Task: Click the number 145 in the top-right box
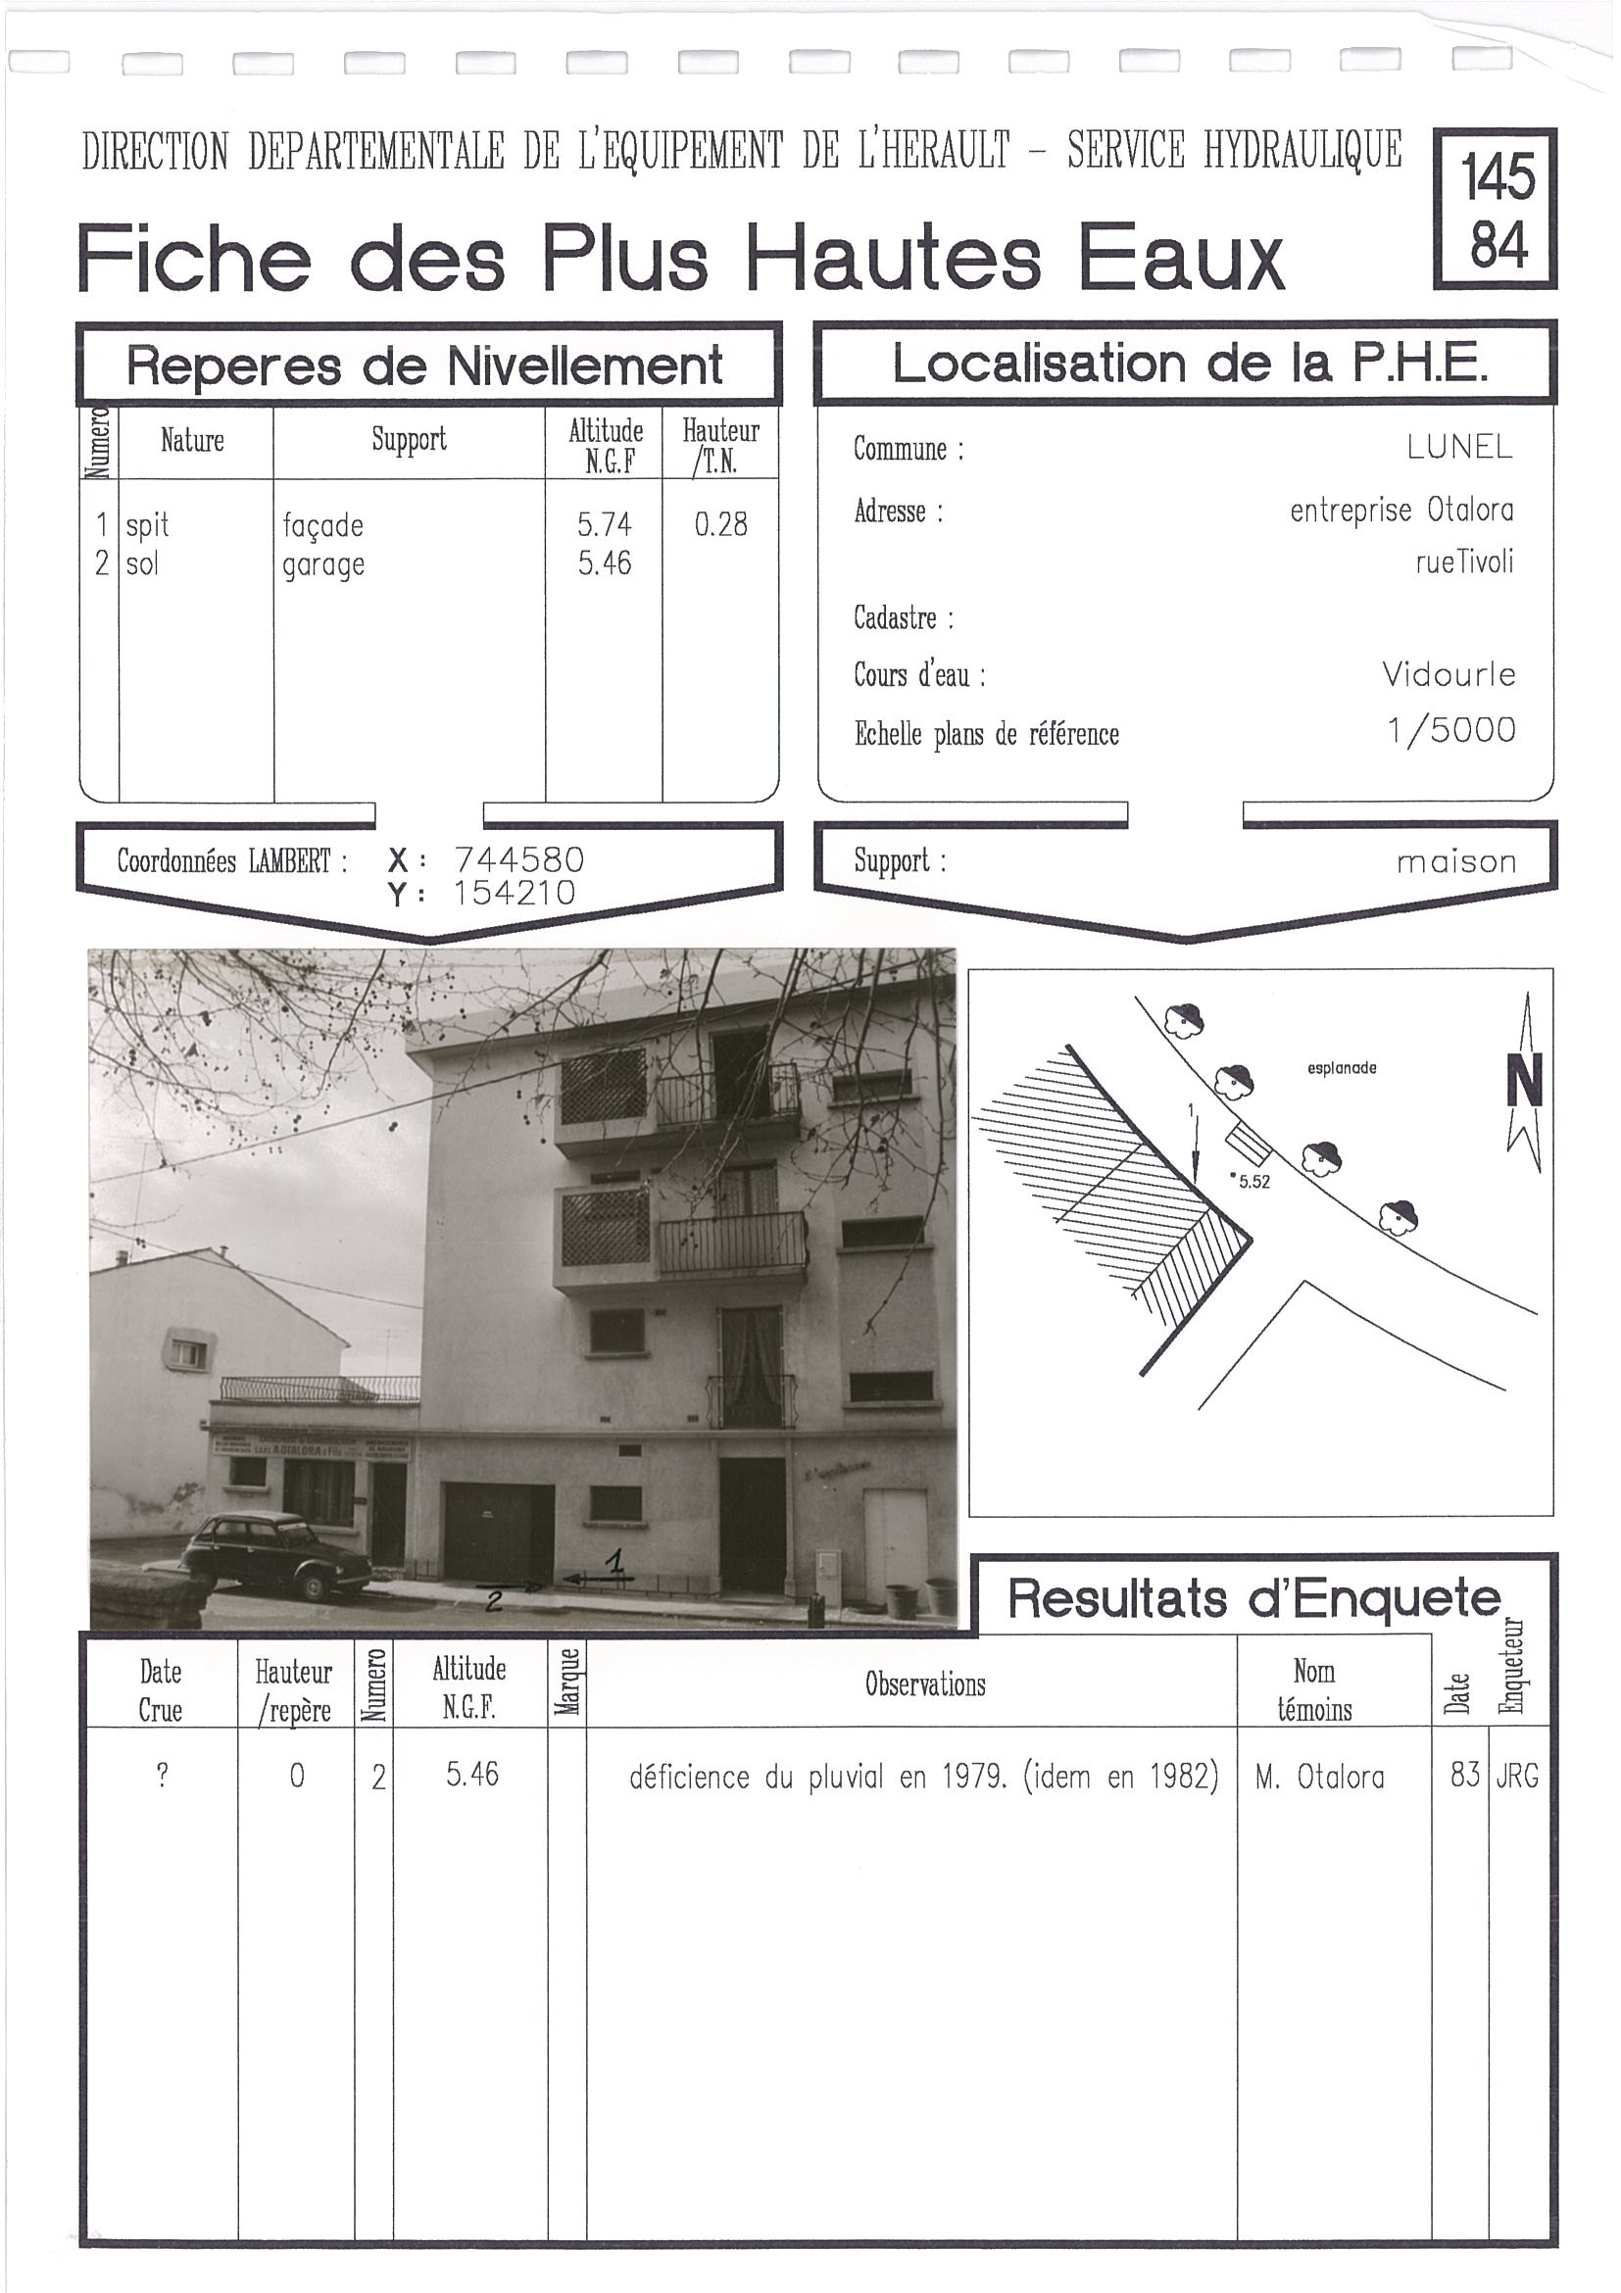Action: pyautogui.click(x=1498, y=177)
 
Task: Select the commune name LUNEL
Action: pyautogui.click(x=1459, y=448)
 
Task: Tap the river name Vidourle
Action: pyautogui.click(x=1449, y=675)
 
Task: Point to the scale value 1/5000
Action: pyautogui.click(x=1450, y=731)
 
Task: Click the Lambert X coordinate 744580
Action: pyautogui.click(x=518, y=860)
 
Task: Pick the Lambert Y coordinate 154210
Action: pyautogui.click(x=515, y=893)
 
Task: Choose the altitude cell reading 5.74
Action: pyautogui.click(x=605, y=524)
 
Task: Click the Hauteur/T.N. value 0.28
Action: pyautogui.click(x=720, y=524)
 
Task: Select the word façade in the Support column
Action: pyautogui.click(x=322, y=525)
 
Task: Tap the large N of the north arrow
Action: pyautogui.click(x=1524, y=1081)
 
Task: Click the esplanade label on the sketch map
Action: pyautogui.click(x=1342, y=1067)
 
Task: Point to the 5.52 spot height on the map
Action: pyautogui.click(x=1253, y=1183)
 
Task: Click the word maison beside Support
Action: pyautogui.click(x=1456, y=862)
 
